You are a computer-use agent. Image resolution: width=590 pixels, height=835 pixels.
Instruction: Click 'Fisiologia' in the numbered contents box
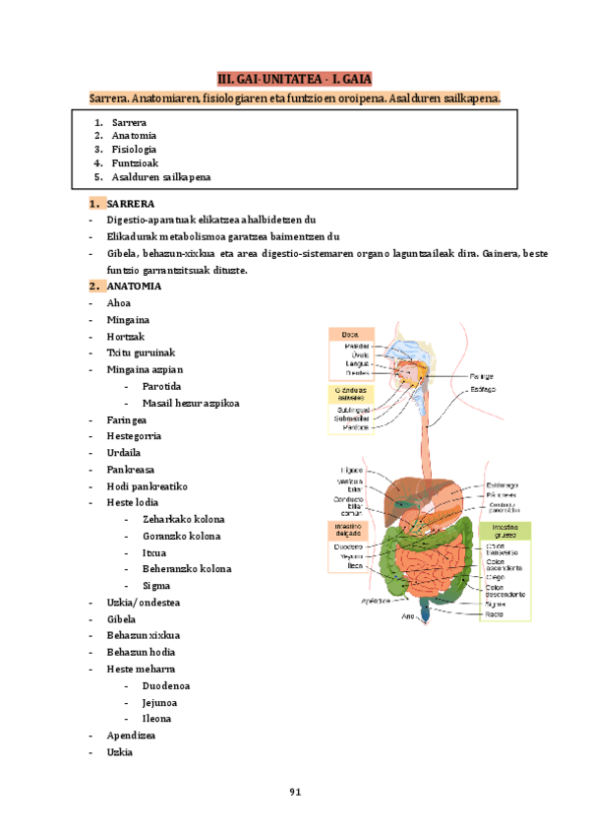134,150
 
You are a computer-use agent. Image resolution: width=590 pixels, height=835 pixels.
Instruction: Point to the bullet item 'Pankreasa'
131,470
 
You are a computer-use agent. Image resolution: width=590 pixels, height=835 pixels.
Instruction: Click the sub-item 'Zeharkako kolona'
183,519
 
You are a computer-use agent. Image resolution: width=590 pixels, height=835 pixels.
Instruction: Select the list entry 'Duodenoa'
166,685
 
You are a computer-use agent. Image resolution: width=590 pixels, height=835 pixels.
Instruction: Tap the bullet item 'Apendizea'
133,735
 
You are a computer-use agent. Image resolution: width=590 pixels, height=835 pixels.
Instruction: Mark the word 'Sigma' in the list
156,586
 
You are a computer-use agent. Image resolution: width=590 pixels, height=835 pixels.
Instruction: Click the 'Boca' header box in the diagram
350,335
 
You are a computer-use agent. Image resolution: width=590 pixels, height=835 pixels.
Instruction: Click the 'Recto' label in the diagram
495,614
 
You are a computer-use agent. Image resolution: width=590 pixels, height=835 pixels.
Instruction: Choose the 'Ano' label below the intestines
408,617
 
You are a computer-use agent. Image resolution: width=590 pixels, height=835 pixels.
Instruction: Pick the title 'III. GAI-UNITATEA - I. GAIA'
294,79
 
